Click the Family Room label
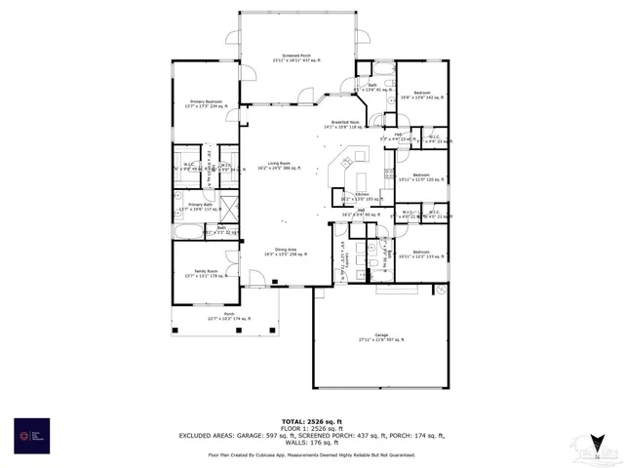point(203,274)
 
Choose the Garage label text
point(381,336)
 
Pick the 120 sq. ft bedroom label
point(420,178)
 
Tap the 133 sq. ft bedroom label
point(420,254)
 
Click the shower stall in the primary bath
point(229,207)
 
